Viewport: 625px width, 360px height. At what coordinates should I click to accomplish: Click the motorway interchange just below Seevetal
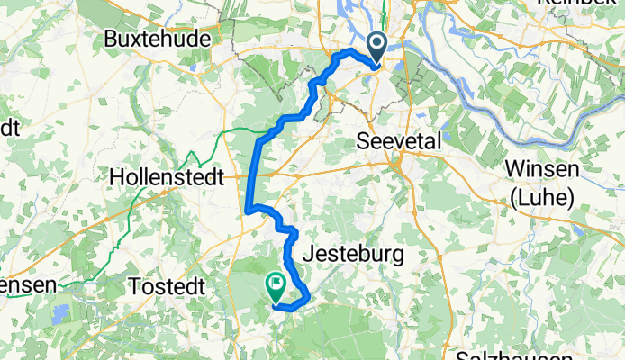[x=396, y=163]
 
